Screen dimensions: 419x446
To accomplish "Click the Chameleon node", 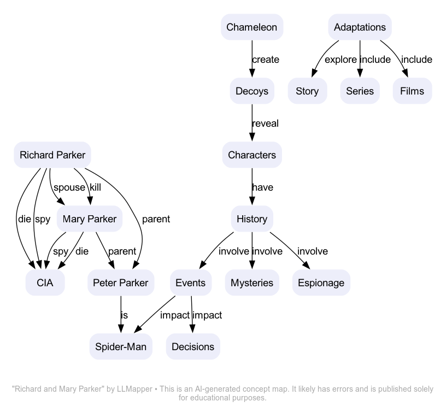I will [x=251, y=27].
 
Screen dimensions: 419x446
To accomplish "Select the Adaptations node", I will [x=360, y=27].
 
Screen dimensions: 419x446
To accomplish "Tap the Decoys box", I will [x=251, y=91].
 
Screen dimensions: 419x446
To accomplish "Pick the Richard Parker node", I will [x=52, y=155].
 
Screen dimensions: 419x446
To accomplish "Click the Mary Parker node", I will [x=90, y=219].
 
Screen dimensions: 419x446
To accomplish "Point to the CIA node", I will [x=45, y=283].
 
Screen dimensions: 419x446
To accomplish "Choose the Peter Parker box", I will [x=120, y=283].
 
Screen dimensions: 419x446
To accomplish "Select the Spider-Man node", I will [x=121, y=347].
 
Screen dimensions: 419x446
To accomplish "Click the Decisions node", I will [x=193, y=347].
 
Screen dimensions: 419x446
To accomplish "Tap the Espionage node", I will [x=321, y=283].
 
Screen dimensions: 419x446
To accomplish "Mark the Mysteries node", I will [x=251, y=283].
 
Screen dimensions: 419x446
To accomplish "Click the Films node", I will [x=412, y=91].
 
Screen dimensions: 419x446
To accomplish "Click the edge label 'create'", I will [x=265, y=60].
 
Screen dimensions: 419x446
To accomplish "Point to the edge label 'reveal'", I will [x=265, y=123].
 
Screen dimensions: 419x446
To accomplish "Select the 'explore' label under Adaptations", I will [x=341, y=60].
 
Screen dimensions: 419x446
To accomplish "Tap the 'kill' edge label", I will [x=96, y=187].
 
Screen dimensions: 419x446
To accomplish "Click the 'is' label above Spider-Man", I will [x=124, y=315].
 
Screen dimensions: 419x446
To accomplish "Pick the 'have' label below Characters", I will [x=262, y=187].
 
